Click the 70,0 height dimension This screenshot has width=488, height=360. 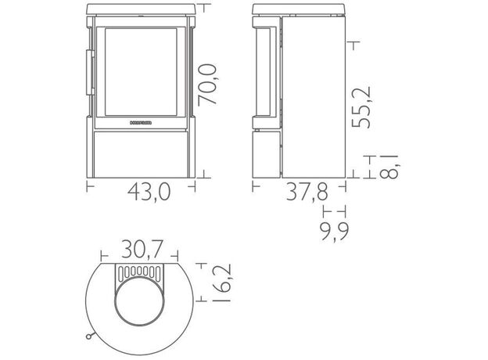click(207, 85)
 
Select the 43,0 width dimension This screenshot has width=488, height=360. click(149, 192)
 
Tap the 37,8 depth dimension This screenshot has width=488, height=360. click(307, 192)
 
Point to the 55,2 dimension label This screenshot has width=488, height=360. click(361, 107)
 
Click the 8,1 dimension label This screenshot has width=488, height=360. click(389, 167)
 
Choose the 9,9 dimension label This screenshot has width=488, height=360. click(335, 231)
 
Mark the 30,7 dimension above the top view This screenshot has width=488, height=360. click(142, 249)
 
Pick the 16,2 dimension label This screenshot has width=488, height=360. click(221, 283)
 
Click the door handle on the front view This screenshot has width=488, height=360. click(90, 72)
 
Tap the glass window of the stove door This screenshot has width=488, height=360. click(141, 72)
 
